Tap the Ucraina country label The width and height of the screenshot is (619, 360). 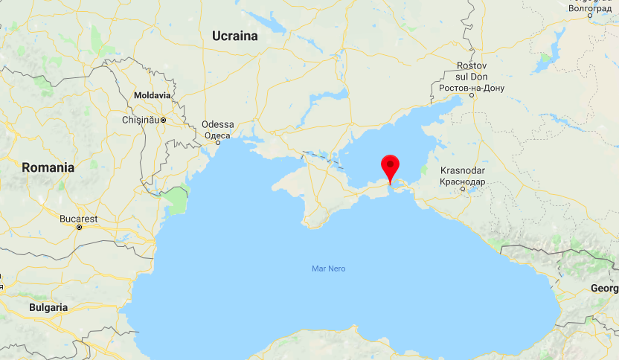(x=234, y=36)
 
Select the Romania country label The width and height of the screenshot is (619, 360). (x=48, y=167)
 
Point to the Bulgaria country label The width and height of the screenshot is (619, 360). (x=48, y=306)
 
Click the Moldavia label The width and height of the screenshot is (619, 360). (x=152, y=96)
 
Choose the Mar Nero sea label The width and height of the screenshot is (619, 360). (x=329, y=269)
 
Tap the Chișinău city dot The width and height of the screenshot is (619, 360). (x=163, y=120)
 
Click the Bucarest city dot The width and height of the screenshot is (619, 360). (x=79, y=227)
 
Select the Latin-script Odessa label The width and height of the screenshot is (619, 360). (x=218, y=124)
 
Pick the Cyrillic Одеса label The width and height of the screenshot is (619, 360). (x=217, y=135)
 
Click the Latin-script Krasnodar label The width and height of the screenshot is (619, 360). (x=462, y=170)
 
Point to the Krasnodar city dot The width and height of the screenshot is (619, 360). (x=463, y=189)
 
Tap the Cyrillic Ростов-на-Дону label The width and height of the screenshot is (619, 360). (x=472, y=89)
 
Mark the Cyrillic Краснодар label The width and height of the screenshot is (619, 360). (x=462, y=181)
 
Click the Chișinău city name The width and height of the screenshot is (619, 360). (x=140, y=120)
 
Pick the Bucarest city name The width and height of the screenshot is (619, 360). (x=79, y=219)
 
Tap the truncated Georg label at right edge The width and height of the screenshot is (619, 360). (x=605, y=288)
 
